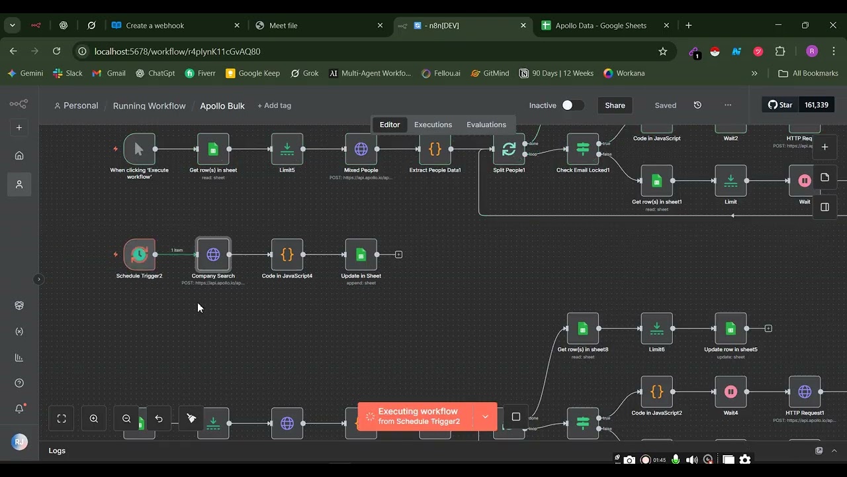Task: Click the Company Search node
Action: coord(213,254)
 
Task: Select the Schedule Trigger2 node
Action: coord(139,254)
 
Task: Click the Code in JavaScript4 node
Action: coord(287,254)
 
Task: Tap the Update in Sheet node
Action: coord(361,254)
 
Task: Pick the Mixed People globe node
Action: coord(361,149)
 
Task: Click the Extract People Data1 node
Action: coord(435,149)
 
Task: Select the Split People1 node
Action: coord(509,149)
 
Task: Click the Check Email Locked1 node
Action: coord(582,149)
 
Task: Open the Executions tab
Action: coord(433,125)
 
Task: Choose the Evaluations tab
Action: coord(486,125)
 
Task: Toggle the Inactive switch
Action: coord(572,105)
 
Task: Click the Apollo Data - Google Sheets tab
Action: coord(600,25)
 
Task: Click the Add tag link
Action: coord(274,105)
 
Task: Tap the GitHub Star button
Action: coord(780,105)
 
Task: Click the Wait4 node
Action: coord(731,392)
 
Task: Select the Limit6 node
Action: coord(656,328)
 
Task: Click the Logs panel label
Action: coord(57,450)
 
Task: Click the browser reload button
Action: coord(56,51)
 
